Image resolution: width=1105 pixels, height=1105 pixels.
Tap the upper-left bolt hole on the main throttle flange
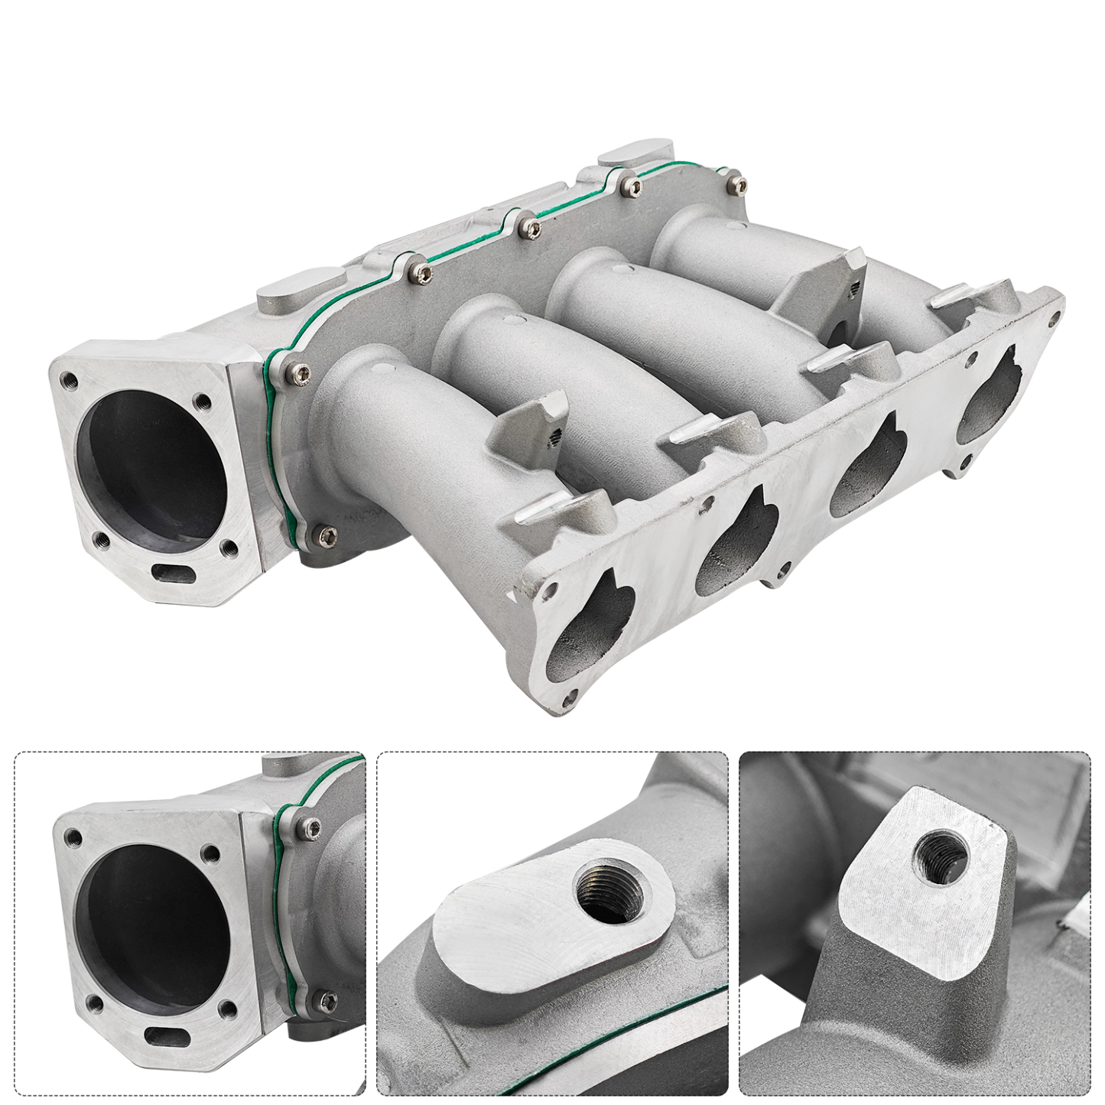[x=70, y=379]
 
